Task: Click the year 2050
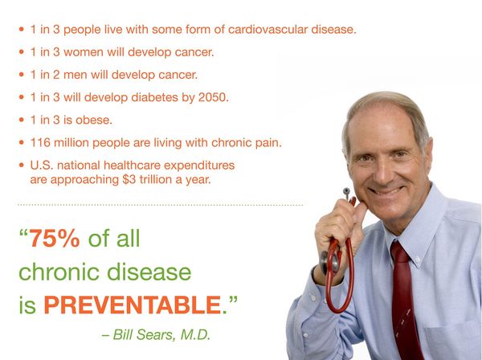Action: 212,97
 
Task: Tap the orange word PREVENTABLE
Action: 131,305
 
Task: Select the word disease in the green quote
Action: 151,272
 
